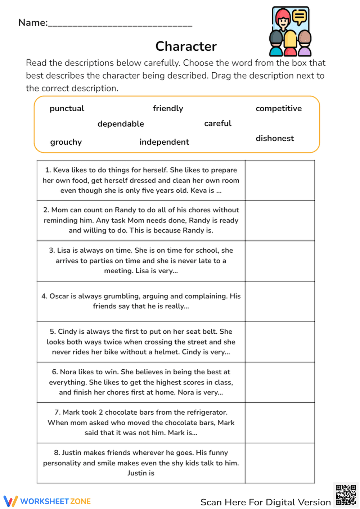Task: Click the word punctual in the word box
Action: (x=67, y=109)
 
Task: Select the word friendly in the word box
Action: (x=168, y=109)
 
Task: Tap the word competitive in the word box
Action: (x=279, y=109)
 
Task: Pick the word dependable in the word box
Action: (x=121, y=124)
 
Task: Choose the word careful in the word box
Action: (x=218, y=123)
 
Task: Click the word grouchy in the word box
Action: (x=66, y=142)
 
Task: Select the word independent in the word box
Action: (x=164, y=142)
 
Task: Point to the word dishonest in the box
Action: (x=275, y=139)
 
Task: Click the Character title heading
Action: (x=186, y=46)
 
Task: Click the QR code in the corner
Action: (x=346, y=495)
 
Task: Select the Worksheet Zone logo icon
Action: (x=10, y=501)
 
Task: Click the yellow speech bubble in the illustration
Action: (x=300, y=17)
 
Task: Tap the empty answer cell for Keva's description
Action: (x=280, y=180)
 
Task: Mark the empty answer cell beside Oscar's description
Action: (x=280, y=301)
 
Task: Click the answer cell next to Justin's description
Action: (x=280, y=463)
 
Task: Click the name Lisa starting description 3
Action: (x=64, y=251)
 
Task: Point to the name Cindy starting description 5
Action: (x=67, y=332)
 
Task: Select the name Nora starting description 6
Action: (x=68, y=372)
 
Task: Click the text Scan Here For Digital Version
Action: (x=265, y=502)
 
